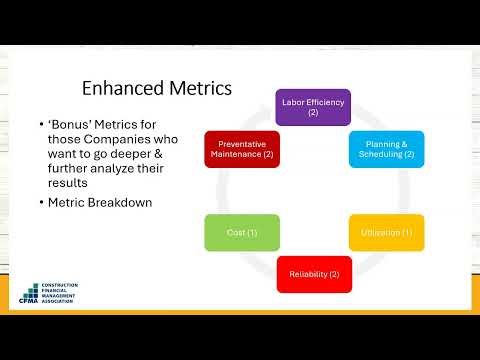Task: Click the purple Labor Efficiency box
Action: (x=312, y=107)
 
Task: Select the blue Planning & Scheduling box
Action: (x=386, y=148)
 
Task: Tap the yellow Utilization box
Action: (x=386, y=232)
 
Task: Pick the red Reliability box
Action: (x=313, y=273)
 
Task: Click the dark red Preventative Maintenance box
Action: (x=241, y=148)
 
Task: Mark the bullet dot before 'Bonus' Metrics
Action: (x=40, y=124)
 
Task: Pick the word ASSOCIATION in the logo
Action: (x=59, y=307)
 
